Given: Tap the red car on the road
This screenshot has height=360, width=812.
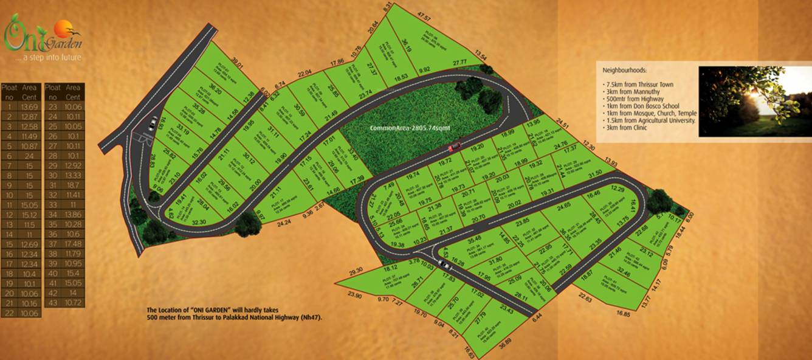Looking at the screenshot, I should tap(454, 147).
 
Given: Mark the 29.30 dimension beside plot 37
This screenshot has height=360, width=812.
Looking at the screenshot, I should tap(356, 270).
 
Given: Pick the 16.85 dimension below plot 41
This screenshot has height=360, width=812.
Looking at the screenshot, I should tap(623, 313).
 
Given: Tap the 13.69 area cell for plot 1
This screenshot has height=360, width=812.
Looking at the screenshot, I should tap(29, 107).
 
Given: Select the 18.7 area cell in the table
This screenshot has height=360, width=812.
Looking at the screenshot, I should tap(73, 185).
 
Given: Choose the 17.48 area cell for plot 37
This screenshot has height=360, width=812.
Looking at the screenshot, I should tap(73, 244).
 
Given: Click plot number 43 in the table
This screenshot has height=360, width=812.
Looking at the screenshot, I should tap(53, 303).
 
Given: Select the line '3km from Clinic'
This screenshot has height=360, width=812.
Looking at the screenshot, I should tap(626, 128).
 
